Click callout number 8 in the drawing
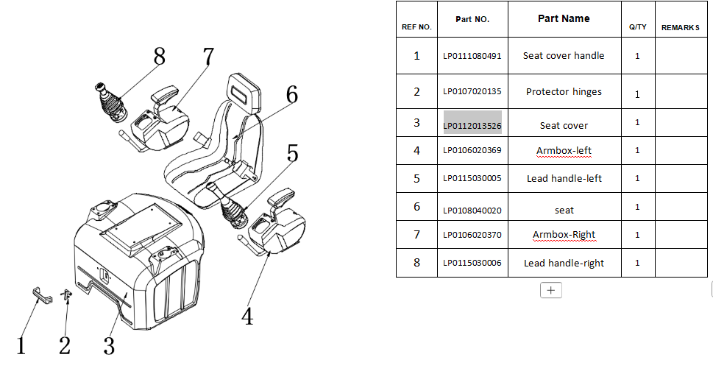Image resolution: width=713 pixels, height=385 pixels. coord(159,57)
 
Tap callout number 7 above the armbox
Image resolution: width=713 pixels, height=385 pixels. coord(208,57)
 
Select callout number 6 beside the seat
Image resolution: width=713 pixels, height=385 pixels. coord(291,95)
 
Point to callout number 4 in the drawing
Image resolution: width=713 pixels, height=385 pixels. coord(248,317)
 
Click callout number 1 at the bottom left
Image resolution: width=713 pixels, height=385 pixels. coord(21,345)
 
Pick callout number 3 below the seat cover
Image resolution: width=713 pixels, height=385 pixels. coord(109,345)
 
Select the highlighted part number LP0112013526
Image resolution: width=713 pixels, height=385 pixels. coord(472,125)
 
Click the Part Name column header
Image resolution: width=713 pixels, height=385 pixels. coord(564,18)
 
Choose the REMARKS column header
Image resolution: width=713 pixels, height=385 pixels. coord(680,27)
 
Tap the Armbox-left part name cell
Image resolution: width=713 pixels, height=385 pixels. coord(564,151)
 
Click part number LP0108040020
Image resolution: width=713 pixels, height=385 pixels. coord(472,211)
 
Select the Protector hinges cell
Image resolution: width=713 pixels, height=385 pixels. coord(564,92)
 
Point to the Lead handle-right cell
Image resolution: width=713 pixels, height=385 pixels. coord(564,263)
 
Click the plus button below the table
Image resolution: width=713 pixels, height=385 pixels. coord(550,290)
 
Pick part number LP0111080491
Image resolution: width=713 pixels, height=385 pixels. coord(472,55)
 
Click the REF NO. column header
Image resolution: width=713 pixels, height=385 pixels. coord(416,27)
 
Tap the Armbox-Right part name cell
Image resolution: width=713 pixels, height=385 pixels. coord(564,235)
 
